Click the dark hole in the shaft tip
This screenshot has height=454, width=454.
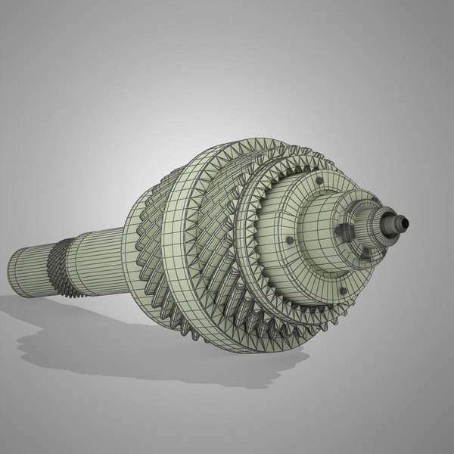click(x=404, y=222)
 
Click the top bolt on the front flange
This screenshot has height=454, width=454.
click(x=320, y=181)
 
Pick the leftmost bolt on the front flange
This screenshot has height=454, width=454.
click(x=288, y=241)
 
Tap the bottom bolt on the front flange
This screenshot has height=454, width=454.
click(x=342, y=290)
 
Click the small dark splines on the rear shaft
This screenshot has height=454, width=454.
click(x=58, y=263)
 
